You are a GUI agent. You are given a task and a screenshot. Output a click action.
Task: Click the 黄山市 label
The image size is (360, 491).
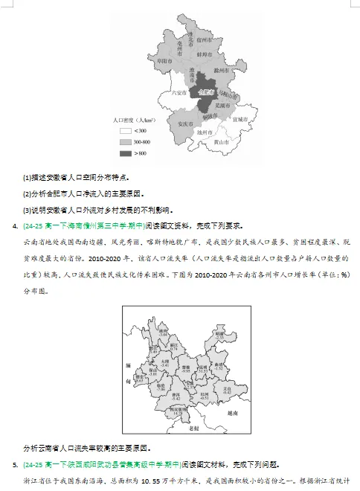(219, 141)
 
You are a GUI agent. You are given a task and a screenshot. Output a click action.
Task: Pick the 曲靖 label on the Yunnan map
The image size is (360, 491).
(218, 365)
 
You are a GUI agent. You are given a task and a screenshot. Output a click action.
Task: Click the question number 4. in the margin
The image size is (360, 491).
(16, 225)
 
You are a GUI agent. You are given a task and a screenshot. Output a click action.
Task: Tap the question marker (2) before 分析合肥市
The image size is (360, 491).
(28, 193)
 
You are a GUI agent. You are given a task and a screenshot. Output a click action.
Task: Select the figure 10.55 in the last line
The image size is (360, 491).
(152, 481)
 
